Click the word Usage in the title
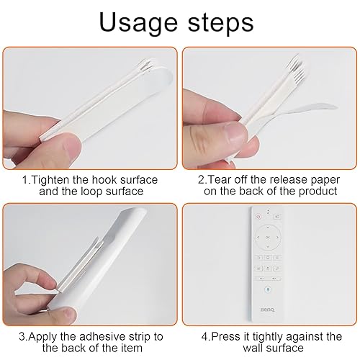coord(138,22)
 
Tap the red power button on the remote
coord(258,217)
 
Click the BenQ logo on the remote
coord(267,310)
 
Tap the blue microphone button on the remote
coord(268,289)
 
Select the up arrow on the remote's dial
coord(268,227)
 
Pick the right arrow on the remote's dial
coord(277,238)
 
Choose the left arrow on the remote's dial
coord(258,238)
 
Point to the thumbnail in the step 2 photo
coord(235,132)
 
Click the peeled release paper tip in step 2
coord(336,107)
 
